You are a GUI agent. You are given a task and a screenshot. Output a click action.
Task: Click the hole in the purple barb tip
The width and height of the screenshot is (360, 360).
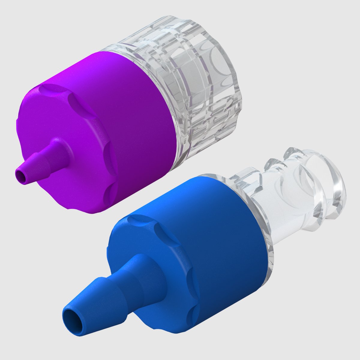[21, 174]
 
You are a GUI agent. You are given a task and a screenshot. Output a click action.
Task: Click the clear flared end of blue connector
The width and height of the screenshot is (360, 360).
[330, 186]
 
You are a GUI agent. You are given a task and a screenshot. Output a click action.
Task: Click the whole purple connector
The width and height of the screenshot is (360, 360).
[126, 120]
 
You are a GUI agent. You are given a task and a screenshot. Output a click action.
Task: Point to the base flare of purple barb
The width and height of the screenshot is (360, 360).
[60, 147]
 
